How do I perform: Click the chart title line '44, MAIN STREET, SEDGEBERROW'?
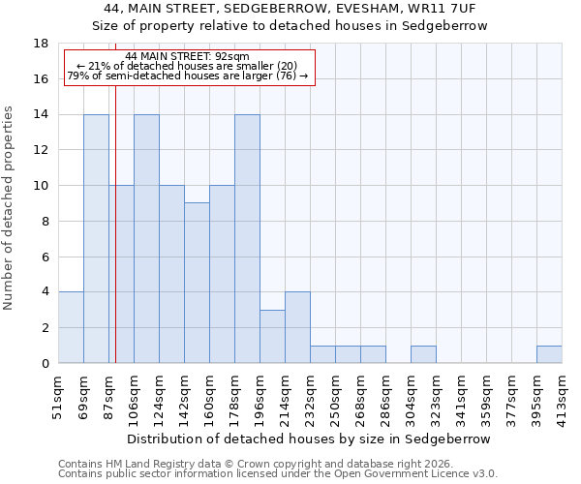pos(290,9)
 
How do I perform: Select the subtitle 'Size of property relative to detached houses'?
pos(290,26)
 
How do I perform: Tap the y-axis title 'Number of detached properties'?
pos(9,222)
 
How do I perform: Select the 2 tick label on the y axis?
pos(44,328)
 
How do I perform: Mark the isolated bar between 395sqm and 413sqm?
pos(549,354)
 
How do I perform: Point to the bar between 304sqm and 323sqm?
pos(423,354)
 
